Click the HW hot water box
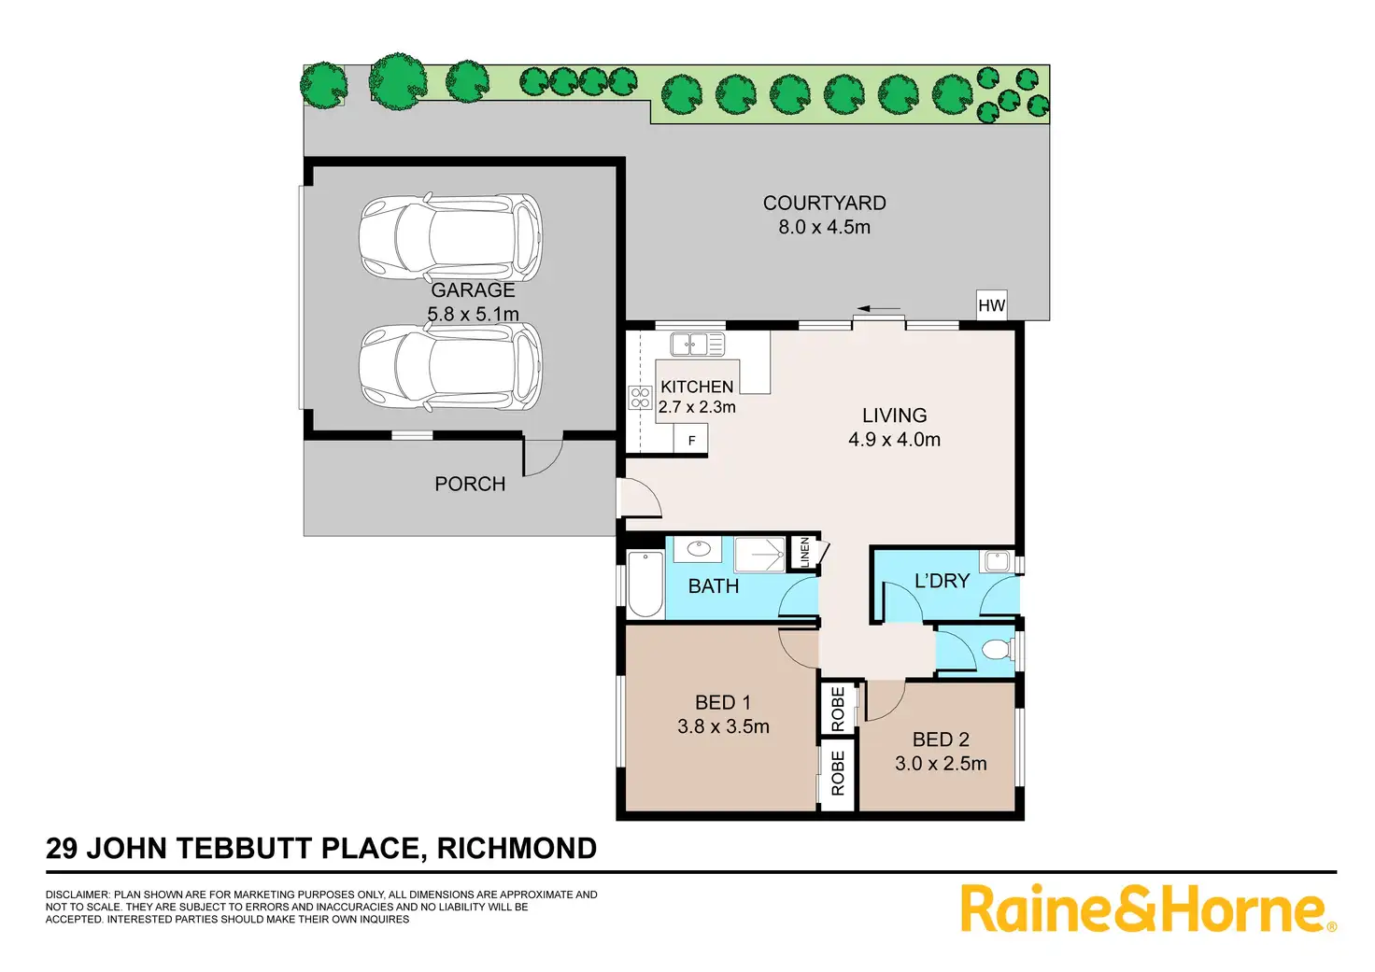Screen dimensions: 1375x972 tap(991, 305)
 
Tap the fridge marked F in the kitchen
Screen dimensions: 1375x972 tap(691, 440)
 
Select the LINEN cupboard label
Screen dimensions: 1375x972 tap(804, 552)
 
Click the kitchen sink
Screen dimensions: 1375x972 tap(697, 344)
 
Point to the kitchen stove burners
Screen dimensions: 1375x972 tap(640, 398)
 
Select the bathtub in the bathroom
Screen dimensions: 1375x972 tap(645, 585)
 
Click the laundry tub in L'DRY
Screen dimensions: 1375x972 tap(997, 561)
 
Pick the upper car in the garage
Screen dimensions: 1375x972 tap(451, 236)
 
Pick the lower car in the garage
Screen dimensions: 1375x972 tap(451, 367)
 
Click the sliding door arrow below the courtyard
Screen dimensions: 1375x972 tap(878, 308)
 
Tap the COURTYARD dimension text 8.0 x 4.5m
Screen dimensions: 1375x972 tap(825, 227)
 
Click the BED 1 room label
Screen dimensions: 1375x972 tap(722, 702)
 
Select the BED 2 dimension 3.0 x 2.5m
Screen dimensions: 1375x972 tap(941, 763)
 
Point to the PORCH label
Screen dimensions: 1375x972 tap(470, 484)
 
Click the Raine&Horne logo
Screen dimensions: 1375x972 tap(1148, 909)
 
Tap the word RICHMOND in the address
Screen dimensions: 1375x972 tap(517, 848)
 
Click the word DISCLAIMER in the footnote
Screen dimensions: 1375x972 tap(78, 895)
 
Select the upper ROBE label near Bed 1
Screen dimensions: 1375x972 tap(838, 710)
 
